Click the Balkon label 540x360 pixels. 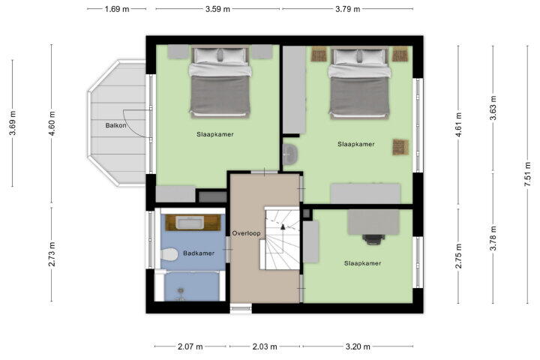tap(115, 125)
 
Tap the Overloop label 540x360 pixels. tap(246, 233)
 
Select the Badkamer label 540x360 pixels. tap(199, 253)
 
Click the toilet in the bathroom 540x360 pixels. tap(169, 254)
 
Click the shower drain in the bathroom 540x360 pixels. tap(181, 292)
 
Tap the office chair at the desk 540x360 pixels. tap(373, 238)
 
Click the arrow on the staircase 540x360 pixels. tap(283, 226)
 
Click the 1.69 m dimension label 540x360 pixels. tap(117, 9)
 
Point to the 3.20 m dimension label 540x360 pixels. tap(358, 346)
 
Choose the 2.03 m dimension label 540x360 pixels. tap(265, 346)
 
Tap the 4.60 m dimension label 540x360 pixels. tap(52, 123)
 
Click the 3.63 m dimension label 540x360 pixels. tap(493, 108)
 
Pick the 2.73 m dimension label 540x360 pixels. tap(52, 254)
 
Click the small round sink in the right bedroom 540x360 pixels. tap(290, 154)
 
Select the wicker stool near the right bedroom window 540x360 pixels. tap(400, 147)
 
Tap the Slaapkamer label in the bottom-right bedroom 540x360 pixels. tap(362, 263)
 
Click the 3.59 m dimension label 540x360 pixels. tap(217, 9)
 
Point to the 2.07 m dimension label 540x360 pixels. tap(190, 346)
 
